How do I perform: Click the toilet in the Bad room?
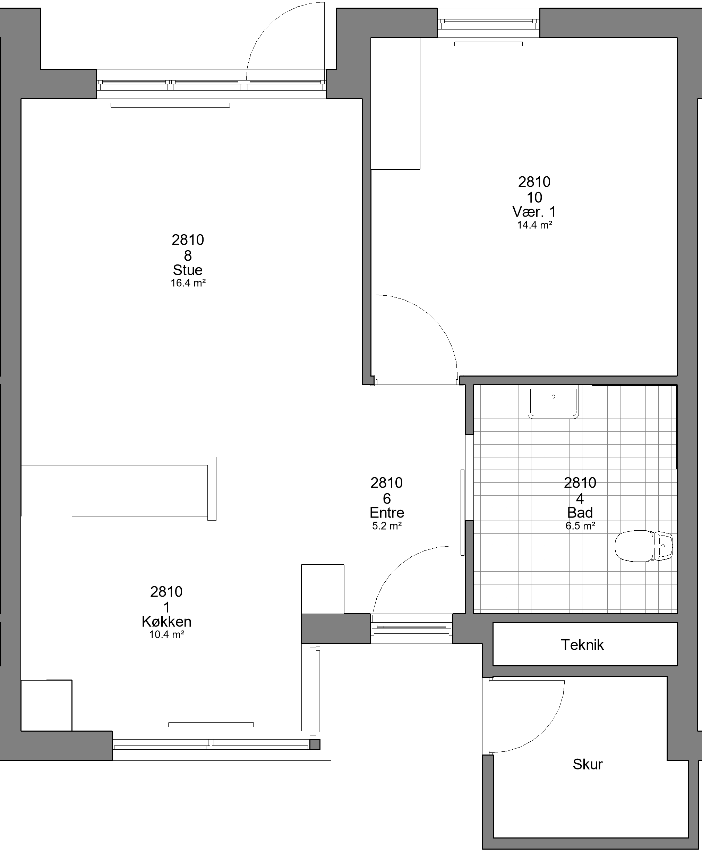tap(643, 546)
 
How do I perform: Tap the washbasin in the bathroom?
tap(553, 402)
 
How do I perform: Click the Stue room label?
tap(188, 270)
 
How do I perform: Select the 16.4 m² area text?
tap(188, 283)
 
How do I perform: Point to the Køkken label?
tap(166, 622)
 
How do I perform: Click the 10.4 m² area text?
tap(166, 634)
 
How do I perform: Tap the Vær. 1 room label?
tap(534, 212)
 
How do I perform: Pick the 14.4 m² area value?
tap(534, 225)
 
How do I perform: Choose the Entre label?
tap(387, 513)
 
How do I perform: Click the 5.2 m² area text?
tap(387, 526)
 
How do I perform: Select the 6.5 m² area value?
tap(580, 526)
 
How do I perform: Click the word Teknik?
tap(582, 644)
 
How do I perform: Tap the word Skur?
tap(588, 764)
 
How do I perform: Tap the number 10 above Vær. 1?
tap(534, 197)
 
